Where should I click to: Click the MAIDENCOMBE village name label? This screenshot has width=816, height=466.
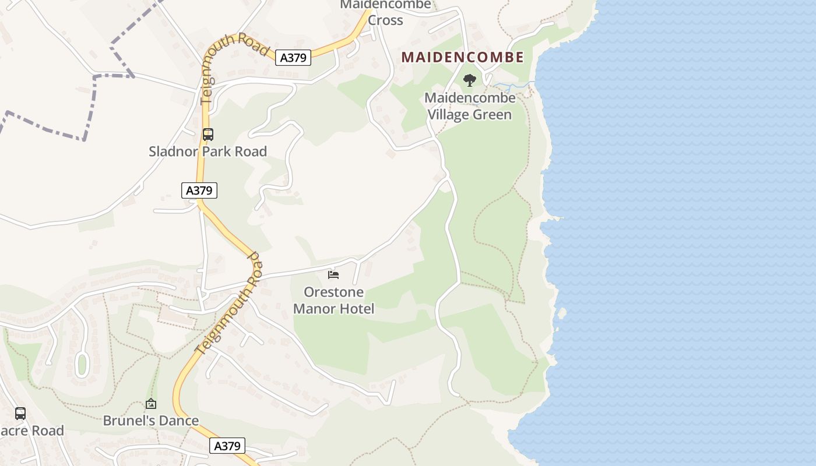tap(462, 57)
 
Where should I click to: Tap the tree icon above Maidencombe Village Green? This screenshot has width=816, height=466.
tap(469, 80)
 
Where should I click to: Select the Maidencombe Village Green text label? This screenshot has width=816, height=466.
tap(470, 106)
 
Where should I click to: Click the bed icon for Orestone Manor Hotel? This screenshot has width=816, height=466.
tap(333, 274)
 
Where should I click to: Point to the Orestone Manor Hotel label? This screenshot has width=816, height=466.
tap(334, 300)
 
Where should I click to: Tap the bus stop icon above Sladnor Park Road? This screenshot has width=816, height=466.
tap(208, 135)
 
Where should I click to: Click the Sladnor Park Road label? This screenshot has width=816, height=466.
tap(208, 151)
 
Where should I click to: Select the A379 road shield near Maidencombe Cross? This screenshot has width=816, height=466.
tap(293, 57)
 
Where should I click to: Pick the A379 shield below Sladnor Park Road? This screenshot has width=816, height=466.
tap(199, 190)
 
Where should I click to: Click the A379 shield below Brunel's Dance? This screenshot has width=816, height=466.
tap(227, 446)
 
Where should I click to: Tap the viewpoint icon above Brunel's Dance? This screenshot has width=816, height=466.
tap(151, 403)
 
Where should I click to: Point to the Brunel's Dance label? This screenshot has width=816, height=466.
tap(151, 421)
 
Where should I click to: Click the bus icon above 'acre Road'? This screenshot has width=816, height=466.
tap(20, 414)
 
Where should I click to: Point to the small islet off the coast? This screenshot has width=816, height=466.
tap(562, 313)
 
